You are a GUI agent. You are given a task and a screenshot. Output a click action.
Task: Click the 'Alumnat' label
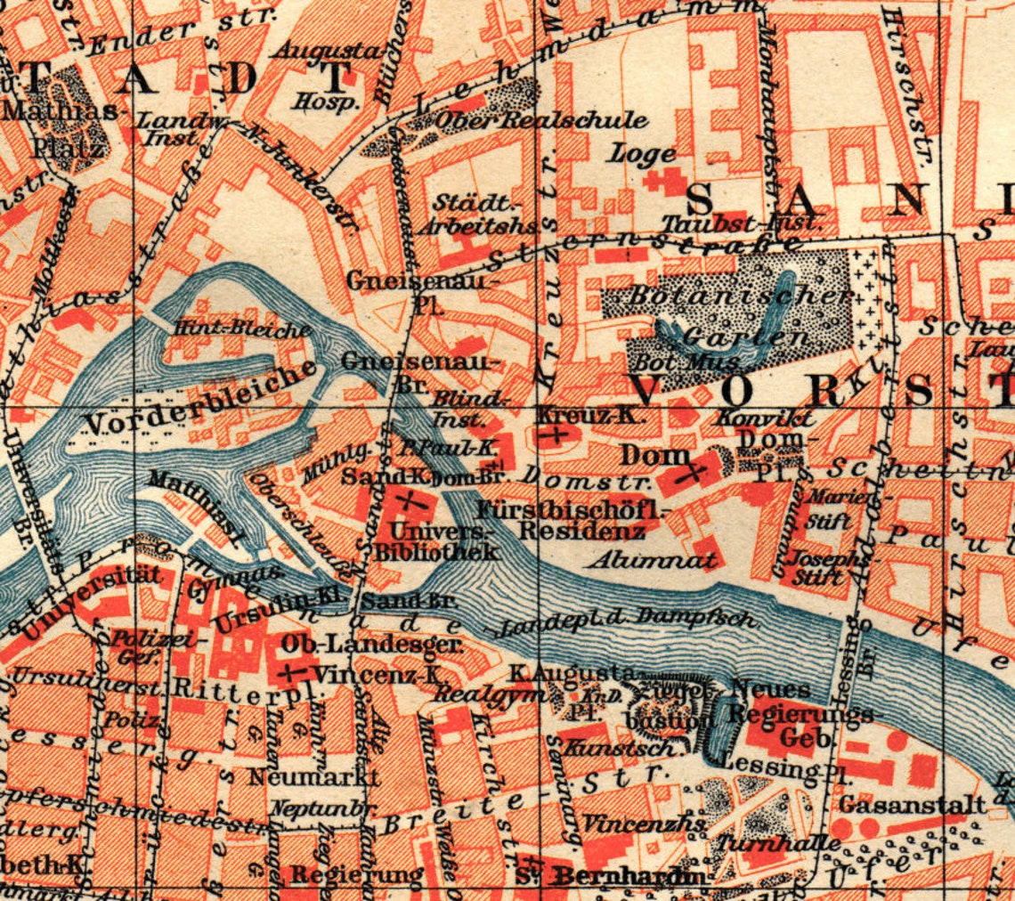coord(653,560)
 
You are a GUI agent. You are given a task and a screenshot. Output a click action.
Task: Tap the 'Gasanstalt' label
coord(913,804)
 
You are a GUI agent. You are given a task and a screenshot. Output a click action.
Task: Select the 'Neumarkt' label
coord(313,776)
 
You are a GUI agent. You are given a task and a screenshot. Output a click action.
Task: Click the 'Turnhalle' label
coord(780,842)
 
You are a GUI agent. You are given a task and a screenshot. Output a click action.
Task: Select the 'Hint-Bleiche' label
coord(242,329)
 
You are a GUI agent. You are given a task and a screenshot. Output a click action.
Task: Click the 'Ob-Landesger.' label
coord(370,644)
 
